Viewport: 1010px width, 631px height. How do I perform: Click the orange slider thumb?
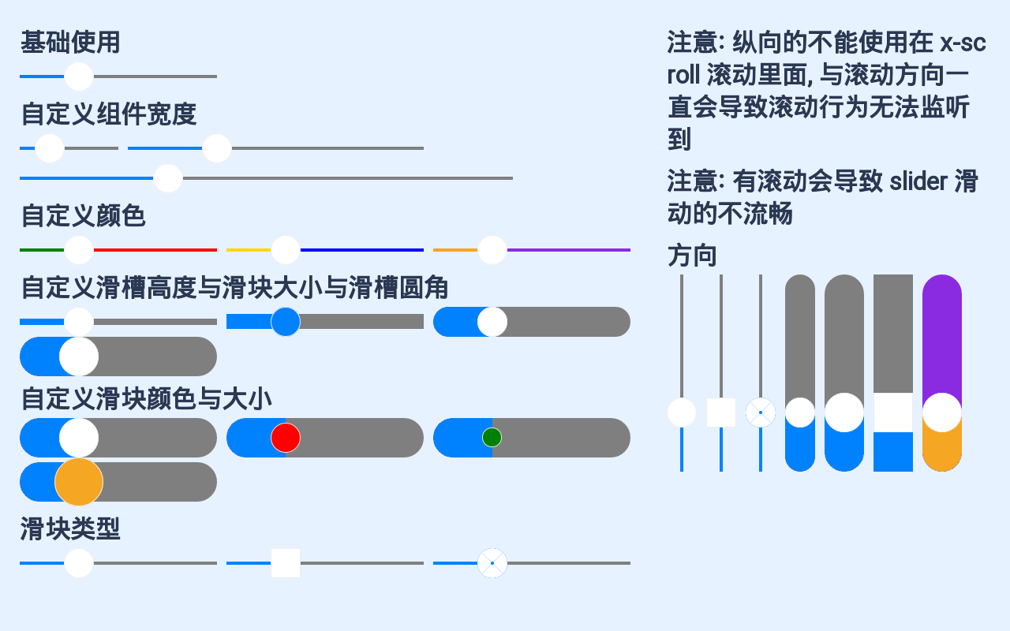tap(79, 482)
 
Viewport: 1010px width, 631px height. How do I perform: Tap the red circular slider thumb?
tap(286, 438)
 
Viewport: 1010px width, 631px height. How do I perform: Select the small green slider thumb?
tap(492, 438)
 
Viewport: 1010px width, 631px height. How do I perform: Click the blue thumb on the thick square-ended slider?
tap(286, 322)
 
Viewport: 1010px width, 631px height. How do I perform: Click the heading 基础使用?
tap(70, 43)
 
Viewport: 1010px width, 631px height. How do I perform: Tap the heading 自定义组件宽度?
tap(108, 114)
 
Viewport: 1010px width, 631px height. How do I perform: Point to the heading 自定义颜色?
tap(83, 215)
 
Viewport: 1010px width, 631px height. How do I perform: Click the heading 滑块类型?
tap(70, 529)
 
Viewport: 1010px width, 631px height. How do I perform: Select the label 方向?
tap(692, 256)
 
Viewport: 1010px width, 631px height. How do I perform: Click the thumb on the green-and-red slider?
tap(79, 250)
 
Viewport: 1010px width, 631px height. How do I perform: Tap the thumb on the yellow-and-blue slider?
tap(286, 250)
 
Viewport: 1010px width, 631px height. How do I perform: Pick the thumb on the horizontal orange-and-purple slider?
tap(492, 250)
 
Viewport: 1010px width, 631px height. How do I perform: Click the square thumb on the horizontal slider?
tap(286, 563)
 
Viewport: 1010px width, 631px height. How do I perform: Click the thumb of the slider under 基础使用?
tap(79, 77)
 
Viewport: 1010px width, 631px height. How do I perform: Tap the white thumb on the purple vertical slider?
tap(942, 413)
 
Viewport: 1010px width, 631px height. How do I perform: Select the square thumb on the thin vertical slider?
tap(721, 413)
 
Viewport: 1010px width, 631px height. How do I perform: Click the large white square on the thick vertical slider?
tap(893, 413)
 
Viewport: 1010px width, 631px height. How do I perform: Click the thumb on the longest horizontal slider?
tap(168, 178)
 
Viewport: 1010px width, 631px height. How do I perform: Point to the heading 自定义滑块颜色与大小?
tap(147, 399)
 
